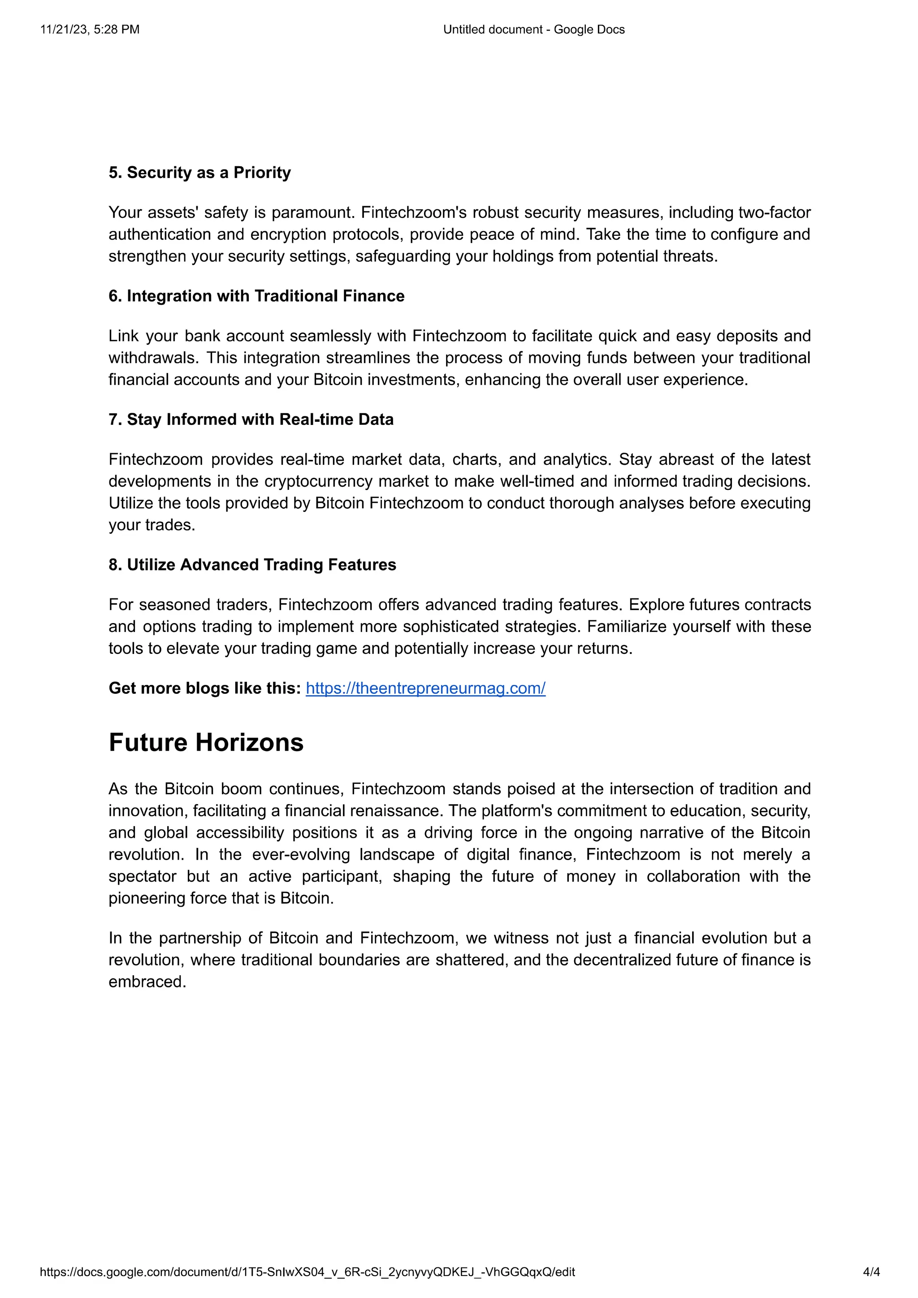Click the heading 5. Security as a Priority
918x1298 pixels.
click(x=199, y=173)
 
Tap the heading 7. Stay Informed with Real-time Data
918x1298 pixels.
click(x=251, y=419)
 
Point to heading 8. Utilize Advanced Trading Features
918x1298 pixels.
click(x=252, y=564)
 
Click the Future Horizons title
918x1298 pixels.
click(x=206, y=742)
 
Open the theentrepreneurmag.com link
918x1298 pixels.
click(x=425, y=688)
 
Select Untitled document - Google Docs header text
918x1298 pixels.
click(x=533, y=30)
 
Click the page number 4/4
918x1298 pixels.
click(x=871, y=1272)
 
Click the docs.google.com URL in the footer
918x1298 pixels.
click(x=307, y=1272)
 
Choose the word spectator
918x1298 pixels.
click(x=143, y=876)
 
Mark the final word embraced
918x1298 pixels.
click(x=147, y=982)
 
